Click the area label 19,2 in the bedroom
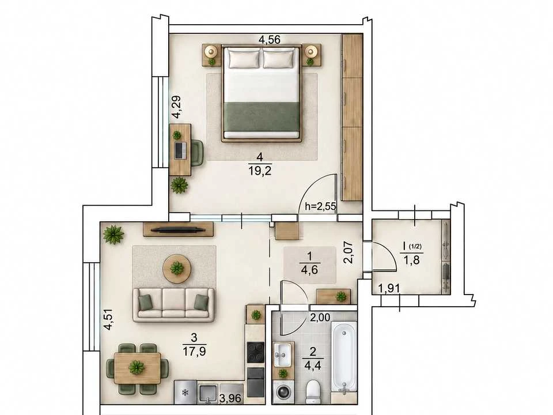(x=260, y=172)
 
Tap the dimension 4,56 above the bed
(x=270, y=40)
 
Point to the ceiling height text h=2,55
(x=320, y=206)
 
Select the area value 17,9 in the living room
(x=194, y=352)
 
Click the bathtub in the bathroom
(x=343, y=358)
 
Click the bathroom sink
(x=282, y=354)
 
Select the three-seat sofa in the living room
(x=173, y=304)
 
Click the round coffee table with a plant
(x=177, y=269)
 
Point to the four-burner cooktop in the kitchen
(x=255, y=353)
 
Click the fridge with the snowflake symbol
(x=185, y=392)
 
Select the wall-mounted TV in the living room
(x=178, y=230)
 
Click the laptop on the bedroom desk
(x=180, y=150)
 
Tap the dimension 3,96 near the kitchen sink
(x=230, y=399)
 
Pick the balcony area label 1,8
(x=411, y=261)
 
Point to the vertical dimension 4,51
(x=109, y=319)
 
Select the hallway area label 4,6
(x=310, y=270)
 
